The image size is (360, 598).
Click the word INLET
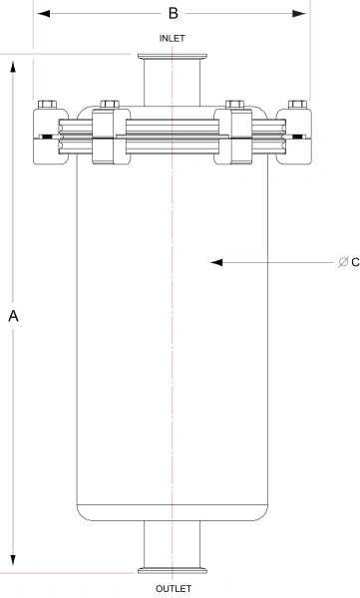[173, 38]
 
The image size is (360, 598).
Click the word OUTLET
[173, 589]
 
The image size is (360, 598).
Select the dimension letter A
[13, 316]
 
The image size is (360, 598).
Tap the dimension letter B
[173, 14]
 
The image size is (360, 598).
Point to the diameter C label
[348, 262]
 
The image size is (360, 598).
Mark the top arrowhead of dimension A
[13, 64]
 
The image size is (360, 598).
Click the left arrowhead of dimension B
[41, 14]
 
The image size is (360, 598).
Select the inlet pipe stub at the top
[173, 82]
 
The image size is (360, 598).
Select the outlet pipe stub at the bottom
[173, 542]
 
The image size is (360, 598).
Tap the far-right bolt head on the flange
[296, 105]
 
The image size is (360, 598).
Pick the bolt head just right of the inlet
[235, 105]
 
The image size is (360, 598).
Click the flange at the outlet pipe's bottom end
[173, 570]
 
